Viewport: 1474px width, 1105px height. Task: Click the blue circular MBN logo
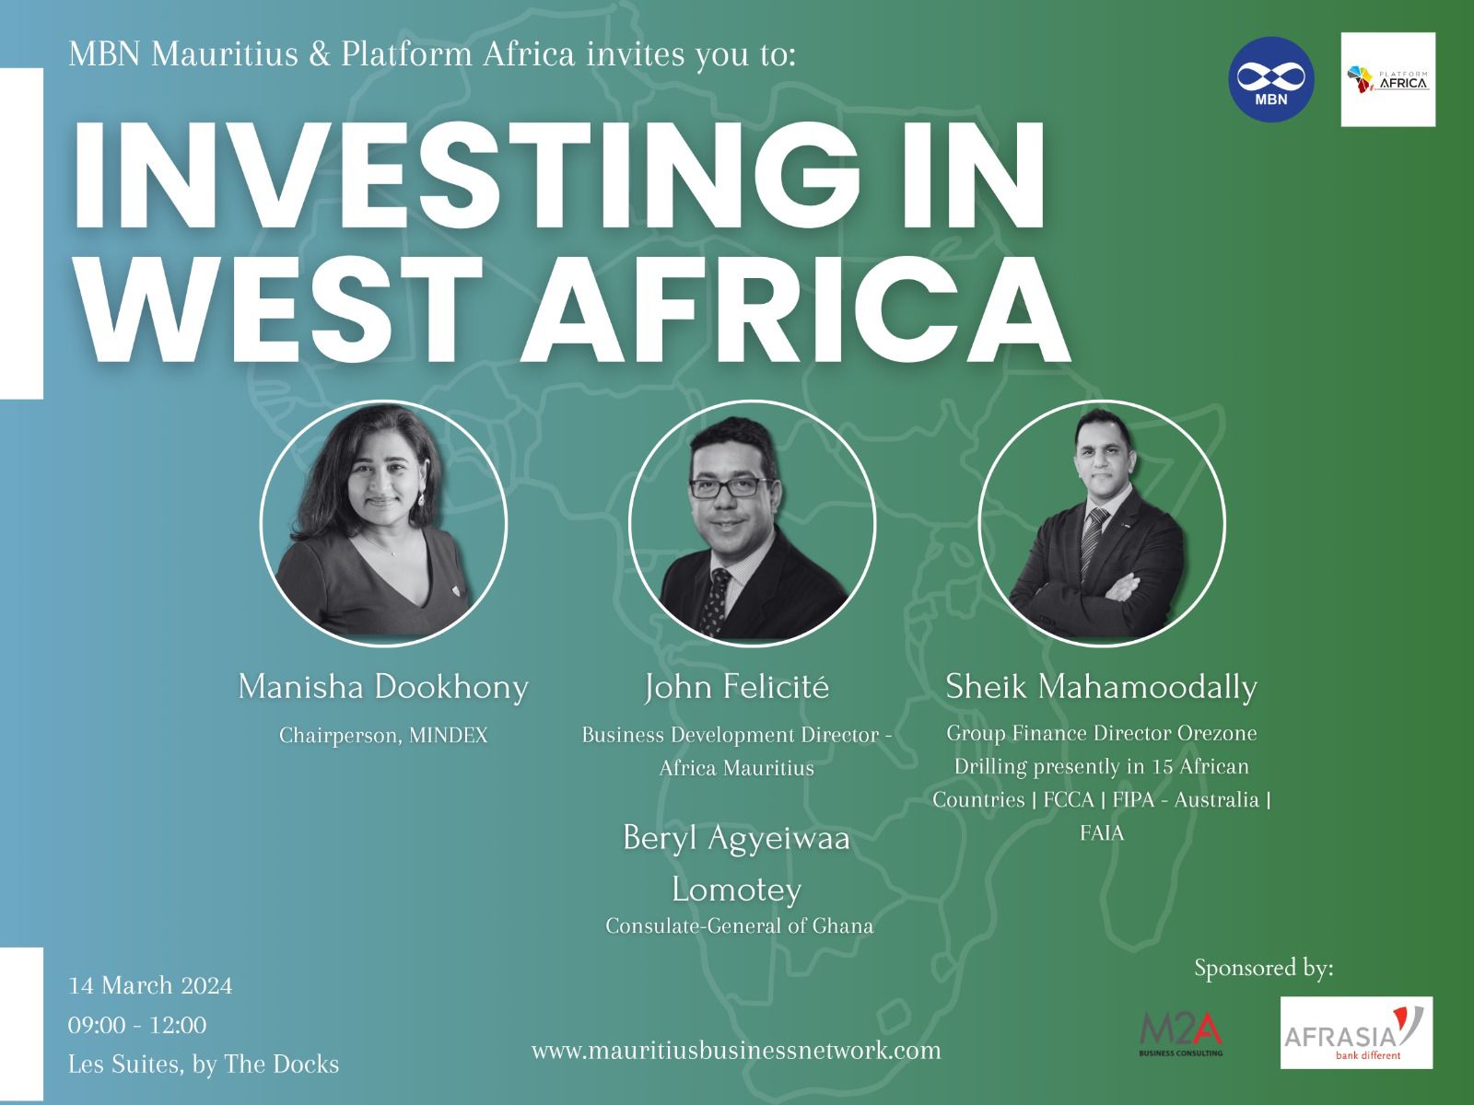[x=1271, y=79]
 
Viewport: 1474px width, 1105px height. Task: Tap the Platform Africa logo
[x=1388, y=79]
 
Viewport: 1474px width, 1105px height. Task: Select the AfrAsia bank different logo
[x=1356, y=1032]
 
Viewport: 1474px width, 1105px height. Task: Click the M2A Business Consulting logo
[x=1181, y=1034]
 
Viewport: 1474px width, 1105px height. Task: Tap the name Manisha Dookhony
[x=383, y=688]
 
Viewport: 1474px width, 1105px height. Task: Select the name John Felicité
[x=737, y=688]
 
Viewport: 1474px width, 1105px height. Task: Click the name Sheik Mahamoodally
[x=1101, y=686]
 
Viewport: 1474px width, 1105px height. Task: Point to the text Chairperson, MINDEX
[x=383, y=736]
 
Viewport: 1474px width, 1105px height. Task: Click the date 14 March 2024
[x=150, y=985]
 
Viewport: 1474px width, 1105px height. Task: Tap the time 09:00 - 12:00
[x=137, y=1025]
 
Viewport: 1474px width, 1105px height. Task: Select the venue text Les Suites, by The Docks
[x=204, y=1064]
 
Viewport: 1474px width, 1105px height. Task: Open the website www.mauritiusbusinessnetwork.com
[x=736, y=1050]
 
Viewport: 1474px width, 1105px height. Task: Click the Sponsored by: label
[x=1264, y=968]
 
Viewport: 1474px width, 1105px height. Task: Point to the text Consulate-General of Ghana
[x=740, y=925]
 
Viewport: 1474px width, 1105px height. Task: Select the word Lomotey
[x=737, y=890]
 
